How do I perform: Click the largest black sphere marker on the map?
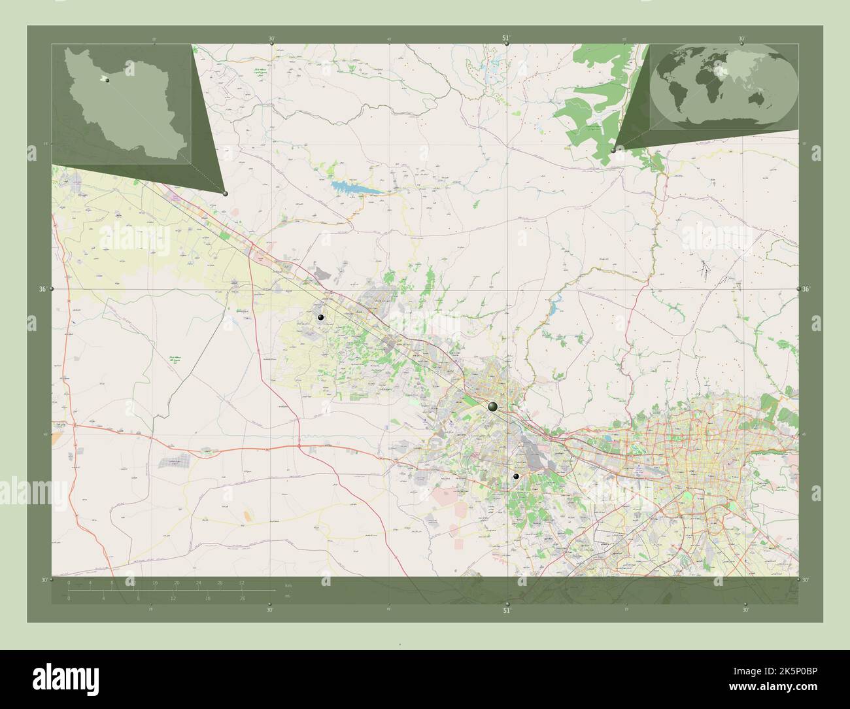point(492,407)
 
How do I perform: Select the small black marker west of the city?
point(320,317)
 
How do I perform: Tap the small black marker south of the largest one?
point(516,477)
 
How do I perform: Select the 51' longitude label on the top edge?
point(506,39)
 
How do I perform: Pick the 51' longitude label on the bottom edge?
point(506,610)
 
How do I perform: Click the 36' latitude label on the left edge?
point(43,288)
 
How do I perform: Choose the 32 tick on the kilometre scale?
point(241,581)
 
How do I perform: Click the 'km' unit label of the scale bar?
point(288,585)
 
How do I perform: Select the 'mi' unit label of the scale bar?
point(288,595)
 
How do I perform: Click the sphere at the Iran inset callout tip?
point(225,193)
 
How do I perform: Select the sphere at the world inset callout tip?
point(613,150)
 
